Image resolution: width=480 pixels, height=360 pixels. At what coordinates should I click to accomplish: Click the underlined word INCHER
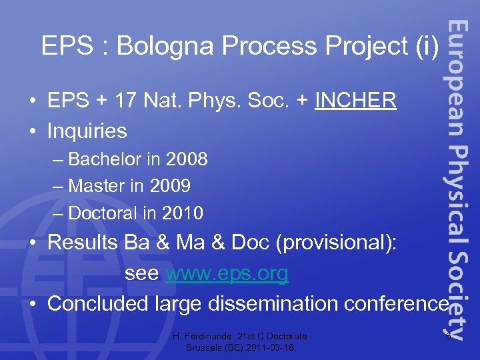pyautogui.click(x=356, y=101)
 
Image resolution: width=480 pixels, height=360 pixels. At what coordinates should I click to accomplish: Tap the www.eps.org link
pyautogui.click(x=227, y=273)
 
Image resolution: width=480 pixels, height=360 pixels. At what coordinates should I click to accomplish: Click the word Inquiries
pyautogui.click(x=87, y=131)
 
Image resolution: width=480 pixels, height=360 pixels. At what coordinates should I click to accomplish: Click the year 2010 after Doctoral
pyautogui.click(x=181, y=213)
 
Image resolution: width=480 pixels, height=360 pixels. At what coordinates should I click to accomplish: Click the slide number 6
pyautogui.click(x=449, y=336)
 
